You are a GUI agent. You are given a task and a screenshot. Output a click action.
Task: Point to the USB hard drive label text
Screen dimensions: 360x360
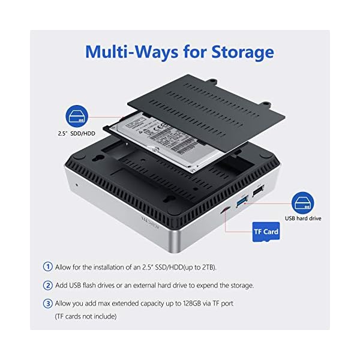[303, 218]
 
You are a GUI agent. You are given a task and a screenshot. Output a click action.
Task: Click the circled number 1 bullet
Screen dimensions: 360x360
[47, 266]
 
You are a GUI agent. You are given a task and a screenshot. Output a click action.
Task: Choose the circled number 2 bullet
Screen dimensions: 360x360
[47, 285]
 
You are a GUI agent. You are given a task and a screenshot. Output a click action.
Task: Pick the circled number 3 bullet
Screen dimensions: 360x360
[47, 304]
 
